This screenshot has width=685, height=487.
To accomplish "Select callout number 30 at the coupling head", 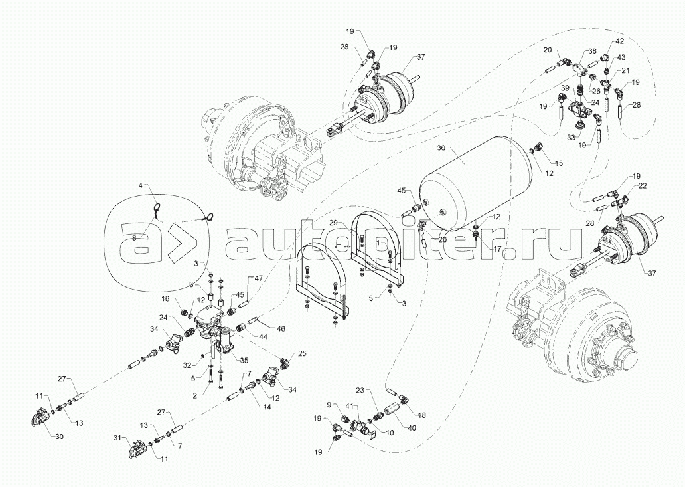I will click(59, 437).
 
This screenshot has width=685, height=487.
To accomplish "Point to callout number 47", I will click(259, 278).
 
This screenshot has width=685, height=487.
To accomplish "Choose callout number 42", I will click(620, 41).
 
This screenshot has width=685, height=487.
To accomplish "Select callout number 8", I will click(135, 237).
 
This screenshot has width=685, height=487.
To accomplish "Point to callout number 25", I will click(302, 353).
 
